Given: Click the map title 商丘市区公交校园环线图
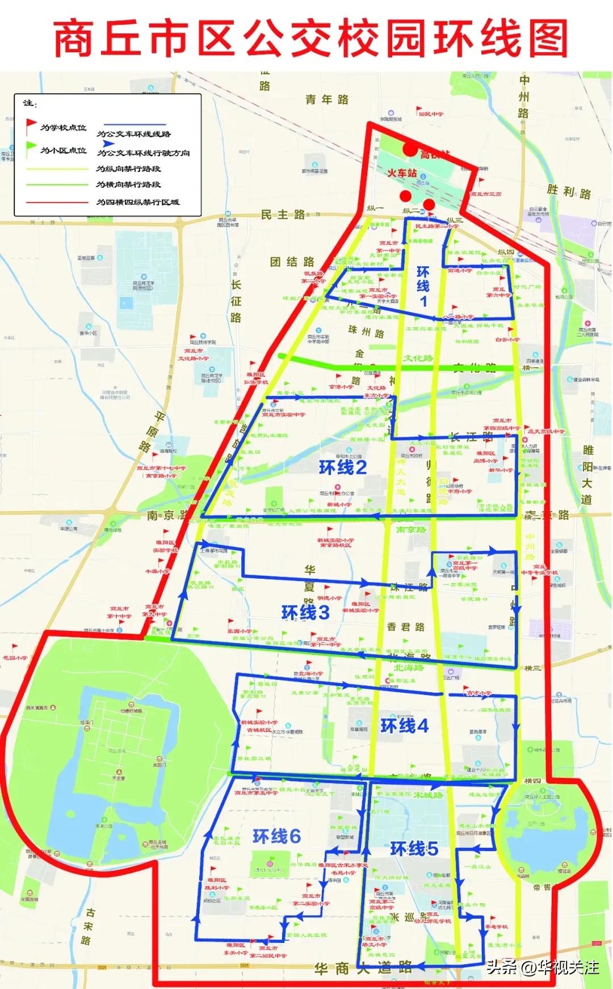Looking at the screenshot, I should (310, 38).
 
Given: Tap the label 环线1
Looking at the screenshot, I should (423, 286).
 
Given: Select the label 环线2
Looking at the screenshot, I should (343, 468).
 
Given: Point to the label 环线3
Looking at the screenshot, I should (305, 613).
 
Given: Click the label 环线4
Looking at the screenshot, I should (405, 725).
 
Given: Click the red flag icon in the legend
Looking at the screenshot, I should (31, 126).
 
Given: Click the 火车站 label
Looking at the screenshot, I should (402, 172).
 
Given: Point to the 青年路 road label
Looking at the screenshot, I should (327, 100).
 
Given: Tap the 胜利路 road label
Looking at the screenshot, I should (569, 192).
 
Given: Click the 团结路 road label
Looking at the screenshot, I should (292, 262).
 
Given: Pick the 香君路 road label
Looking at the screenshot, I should (406, 627).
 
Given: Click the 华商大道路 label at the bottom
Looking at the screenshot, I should (363, 968).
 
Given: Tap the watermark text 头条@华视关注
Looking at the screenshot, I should (543, 967).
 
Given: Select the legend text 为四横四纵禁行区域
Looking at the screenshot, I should (137, 202).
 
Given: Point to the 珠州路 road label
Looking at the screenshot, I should (366, 332).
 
